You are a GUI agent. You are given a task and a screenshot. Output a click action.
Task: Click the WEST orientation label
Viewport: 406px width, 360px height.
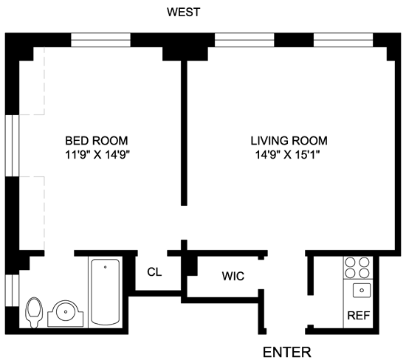pos(183,12)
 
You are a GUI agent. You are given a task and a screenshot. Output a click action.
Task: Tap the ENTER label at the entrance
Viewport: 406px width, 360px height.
pos(287,352)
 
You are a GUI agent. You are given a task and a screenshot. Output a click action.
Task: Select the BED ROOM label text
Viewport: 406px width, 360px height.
pos(96,141)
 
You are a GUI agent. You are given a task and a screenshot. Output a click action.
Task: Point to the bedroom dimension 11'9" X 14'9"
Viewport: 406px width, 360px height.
pos(97,155)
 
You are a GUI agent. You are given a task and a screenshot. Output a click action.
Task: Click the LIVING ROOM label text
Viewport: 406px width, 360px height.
pos(289,141)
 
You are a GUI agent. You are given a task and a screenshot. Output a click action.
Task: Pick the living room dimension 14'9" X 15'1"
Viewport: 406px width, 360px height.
pos(288,155)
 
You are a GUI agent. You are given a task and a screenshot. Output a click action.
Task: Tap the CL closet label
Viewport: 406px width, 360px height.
pos(154,272)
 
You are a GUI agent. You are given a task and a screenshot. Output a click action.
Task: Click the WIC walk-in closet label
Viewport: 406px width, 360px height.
pos(233,276)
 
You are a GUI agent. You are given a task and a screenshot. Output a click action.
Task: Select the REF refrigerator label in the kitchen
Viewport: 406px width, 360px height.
pos(358,316)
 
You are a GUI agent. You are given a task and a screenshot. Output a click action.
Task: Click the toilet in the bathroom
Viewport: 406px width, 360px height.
pos(34,312)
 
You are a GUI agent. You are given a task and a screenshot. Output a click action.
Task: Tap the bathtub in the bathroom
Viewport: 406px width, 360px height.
pos(106,291)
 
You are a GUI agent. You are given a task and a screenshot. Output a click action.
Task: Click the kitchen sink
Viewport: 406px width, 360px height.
pos(362,290)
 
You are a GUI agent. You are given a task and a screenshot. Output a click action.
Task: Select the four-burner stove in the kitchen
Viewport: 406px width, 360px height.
pos(357,268)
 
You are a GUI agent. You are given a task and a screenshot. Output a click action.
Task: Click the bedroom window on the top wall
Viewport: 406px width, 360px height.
pos(100,40)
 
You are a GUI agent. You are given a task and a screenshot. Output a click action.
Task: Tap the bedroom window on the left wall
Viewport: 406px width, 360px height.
pos(12,146)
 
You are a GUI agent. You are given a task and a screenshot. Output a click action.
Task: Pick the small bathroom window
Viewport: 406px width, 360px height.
pos(12,291)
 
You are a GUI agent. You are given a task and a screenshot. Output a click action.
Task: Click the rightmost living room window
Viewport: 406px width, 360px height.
pos(343,40)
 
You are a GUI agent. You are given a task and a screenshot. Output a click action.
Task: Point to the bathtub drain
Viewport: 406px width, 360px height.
pos(105,267)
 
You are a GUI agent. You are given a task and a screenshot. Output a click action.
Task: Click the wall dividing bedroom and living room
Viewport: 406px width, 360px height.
pos(184,133)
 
